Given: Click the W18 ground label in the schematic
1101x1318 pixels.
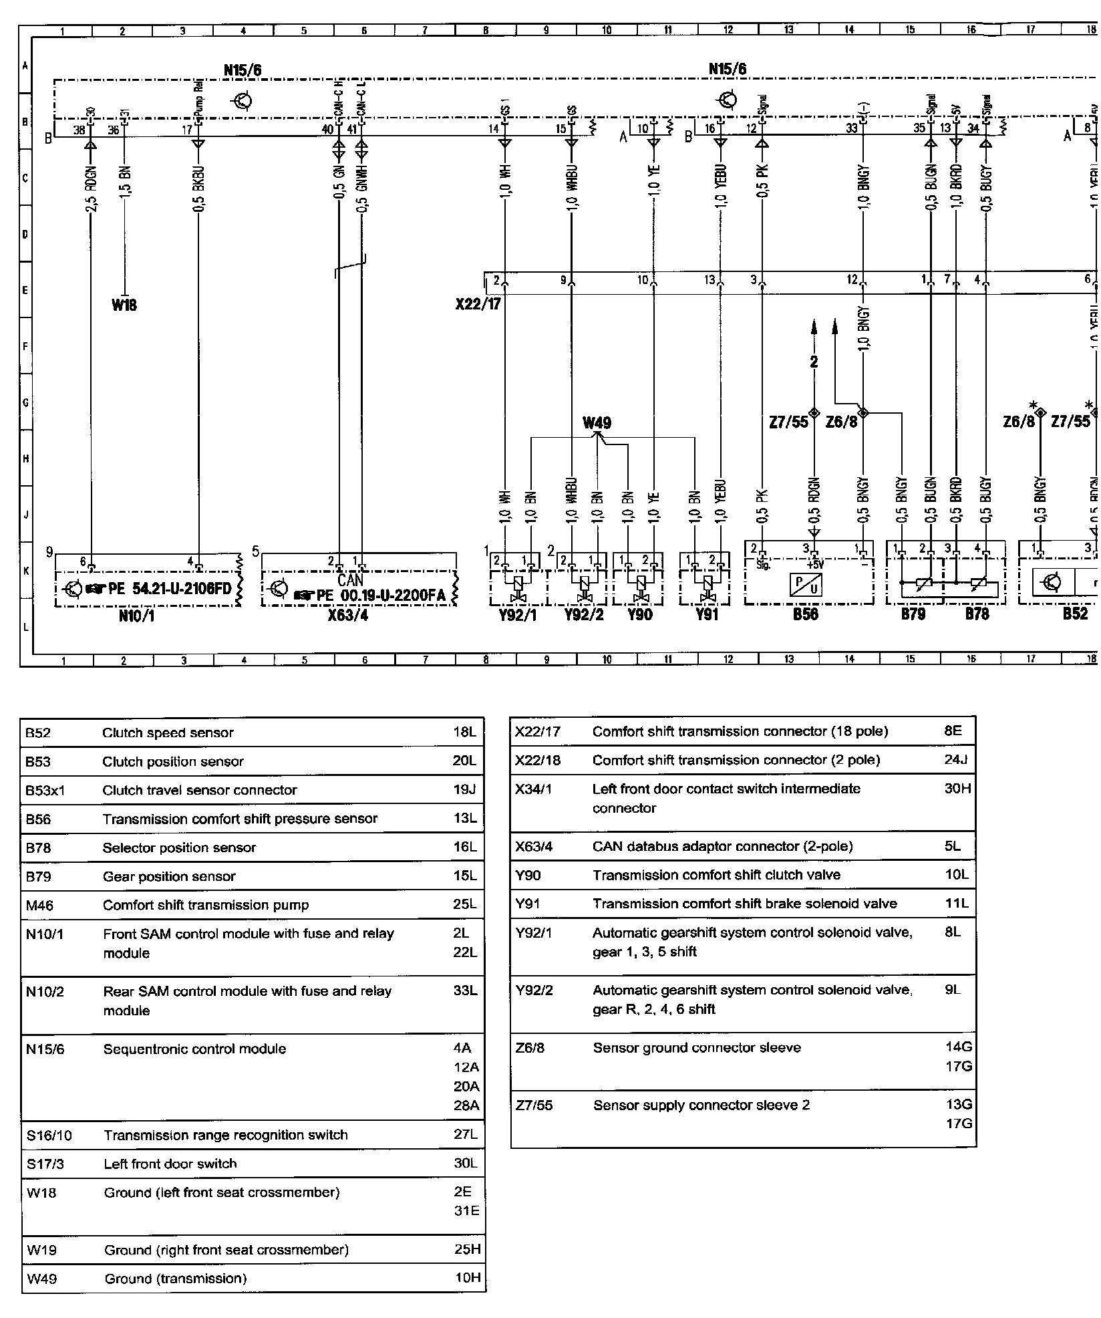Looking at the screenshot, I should (124, 305).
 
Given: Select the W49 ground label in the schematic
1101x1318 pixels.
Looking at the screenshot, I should (597, 422).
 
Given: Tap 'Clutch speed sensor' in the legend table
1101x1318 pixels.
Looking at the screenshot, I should (168, 733).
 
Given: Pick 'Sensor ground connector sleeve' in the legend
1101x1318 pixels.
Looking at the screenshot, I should (697, 1047).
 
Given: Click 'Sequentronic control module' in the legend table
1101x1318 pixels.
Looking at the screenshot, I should (194, 1049).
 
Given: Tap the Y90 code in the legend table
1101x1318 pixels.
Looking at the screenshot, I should (528, 875).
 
